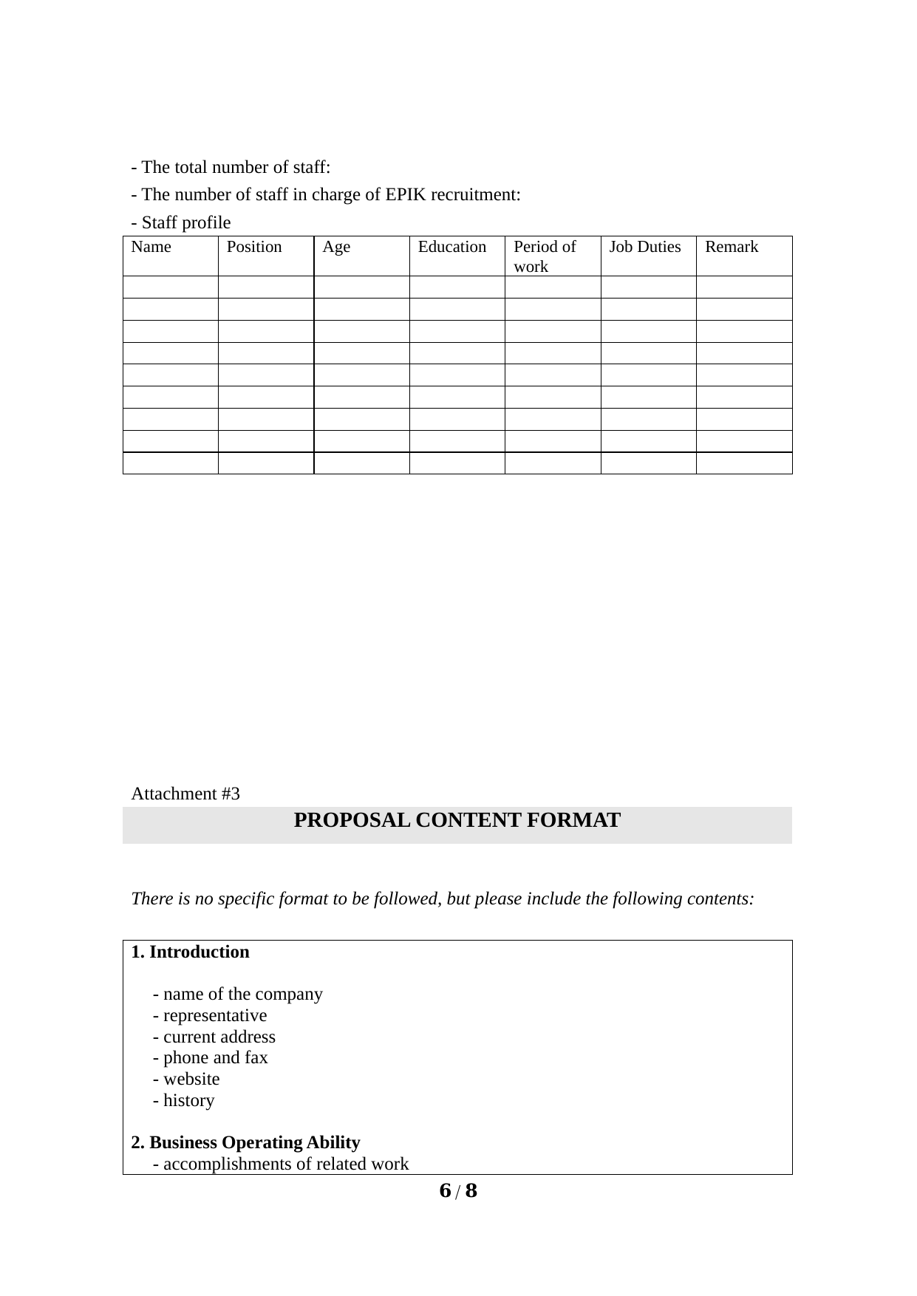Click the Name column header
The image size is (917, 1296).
[x=151, y=247]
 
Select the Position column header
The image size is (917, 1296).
[x=254, y=247]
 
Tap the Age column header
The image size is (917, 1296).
[x=336, y=247]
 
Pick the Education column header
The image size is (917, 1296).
[x=451, y=247]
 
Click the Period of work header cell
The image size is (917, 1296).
[x=545, y=256]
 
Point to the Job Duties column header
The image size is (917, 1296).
[x=644, y=247]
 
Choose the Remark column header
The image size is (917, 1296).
[x=731, y=247]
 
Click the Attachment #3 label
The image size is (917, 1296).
[x=185, y=794]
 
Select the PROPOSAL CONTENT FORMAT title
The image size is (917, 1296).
[x=457, y=821]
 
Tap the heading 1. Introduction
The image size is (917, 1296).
[x=191, y=952]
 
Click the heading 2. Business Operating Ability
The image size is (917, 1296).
[x=246, y=1142]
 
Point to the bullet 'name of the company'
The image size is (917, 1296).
[x=238, y=994]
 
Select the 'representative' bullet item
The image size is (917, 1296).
[x=210, y=1015]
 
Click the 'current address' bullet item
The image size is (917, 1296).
[x=214, y=1037]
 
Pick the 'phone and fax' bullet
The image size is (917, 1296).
[x=211, y=1057]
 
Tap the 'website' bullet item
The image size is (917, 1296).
[x=186, y=1079]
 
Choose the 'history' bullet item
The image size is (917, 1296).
[x=184, y=1100]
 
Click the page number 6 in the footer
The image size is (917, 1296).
[x=445, y=1191]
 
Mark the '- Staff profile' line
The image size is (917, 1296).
[x=181, y=222]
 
